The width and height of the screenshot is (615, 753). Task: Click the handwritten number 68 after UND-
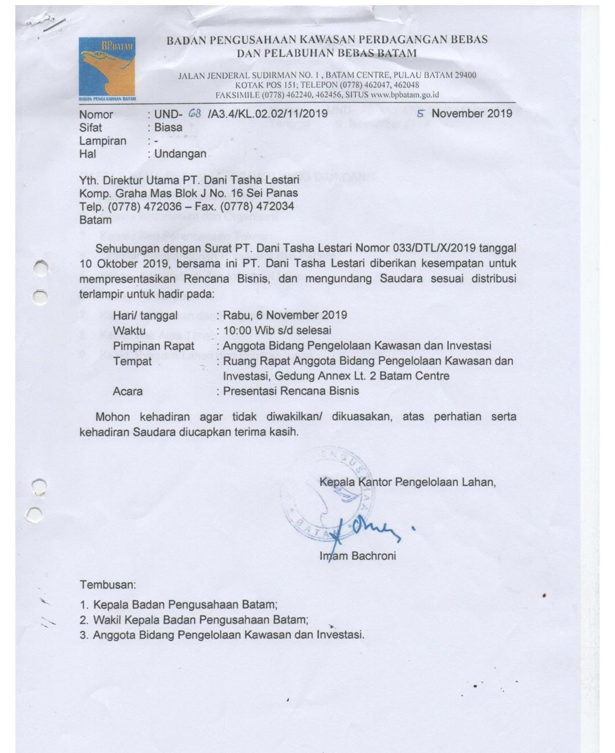(x=195, y=113)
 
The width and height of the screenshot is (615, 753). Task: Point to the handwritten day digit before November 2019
(x=421, y=113)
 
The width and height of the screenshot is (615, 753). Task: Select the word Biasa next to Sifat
(x=168, y=127)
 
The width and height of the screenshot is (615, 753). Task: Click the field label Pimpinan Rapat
(x=153, y=346)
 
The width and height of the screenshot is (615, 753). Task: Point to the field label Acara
(x=128, y=392)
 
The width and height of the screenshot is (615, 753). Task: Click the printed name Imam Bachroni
(x=358, y=556)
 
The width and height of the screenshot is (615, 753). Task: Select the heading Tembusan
(x=108, y=585)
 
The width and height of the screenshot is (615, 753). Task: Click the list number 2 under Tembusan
(x=84, y=620)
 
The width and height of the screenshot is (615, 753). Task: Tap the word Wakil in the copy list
(x=107, y=620)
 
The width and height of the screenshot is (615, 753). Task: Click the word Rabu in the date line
(x=236, y=315)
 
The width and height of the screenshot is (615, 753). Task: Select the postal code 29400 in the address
(x=465, y=75)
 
